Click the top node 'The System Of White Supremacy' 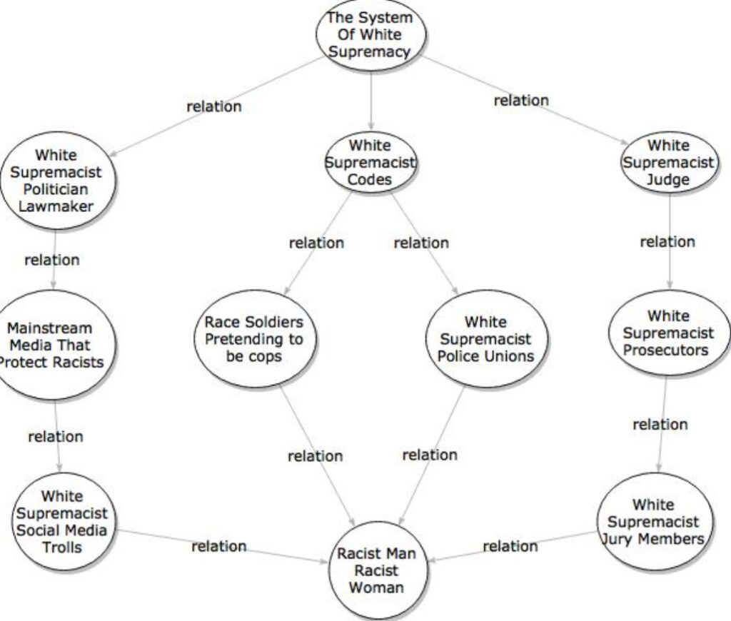coord(370,35)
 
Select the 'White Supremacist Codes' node coord(370,163)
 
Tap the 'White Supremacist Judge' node coord(668,163)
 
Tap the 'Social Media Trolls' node coord(62,522)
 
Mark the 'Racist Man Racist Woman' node coord(376,570)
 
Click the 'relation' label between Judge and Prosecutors coord(667,242)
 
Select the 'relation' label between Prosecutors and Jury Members coord(660,425)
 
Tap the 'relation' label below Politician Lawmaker coord(52,260)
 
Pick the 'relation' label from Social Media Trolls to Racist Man coord(218,546)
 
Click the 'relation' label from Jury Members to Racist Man coord(510,546)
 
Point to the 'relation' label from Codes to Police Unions coord(421,243)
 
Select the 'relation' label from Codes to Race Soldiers coord(316,243)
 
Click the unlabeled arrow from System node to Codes coord(370,101)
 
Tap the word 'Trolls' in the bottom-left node coord(62,547)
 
